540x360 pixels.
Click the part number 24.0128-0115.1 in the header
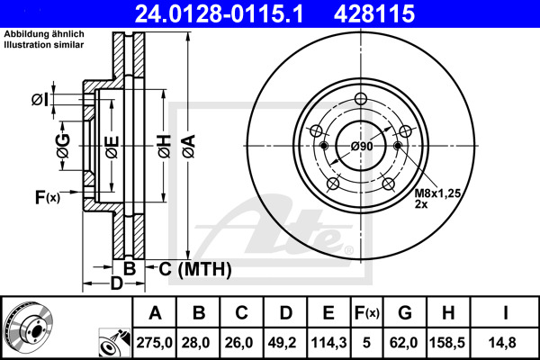pos(219,13)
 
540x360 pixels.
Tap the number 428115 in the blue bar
pos(374,13)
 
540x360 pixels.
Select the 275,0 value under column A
pos(154,342)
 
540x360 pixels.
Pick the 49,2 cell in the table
pos(282,342)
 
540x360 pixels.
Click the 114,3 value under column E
pos(328,342)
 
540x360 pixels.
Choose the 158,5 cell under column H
pos(447,342)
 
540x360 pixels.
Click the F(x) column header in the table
pos(366,313)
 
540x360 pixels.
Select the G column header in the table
pos(405,313)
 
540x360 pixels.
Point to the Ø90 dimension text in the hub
pos(362,147)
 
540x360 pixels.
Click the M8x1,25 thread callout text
pos(437,193)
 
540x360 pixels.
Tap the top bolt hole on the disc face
pos(361,99)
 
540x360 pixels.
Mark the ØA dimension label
pos(189,147)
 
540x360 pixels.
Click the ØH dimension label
pos(165,147)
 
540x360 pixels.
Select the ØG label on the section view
pos(63,146)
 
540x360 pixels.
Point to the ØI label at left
pos(40,100)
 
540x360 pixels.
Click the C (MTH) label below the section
pos(195,269)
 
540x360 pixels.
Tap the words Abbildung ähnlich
pos(44,34)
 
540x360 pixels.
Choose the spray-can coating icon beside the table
pos(114,342)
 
